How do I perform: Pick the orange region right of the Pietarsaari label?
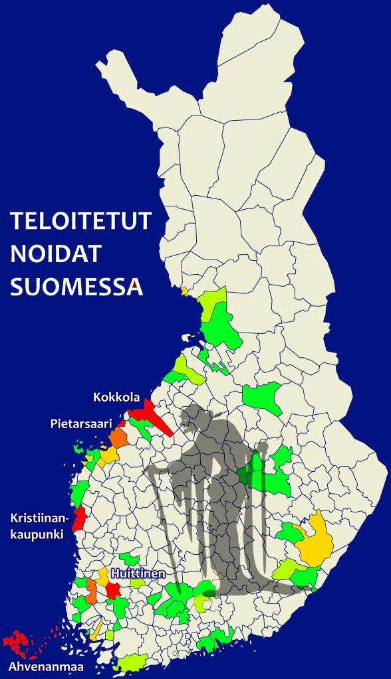coord(118,438)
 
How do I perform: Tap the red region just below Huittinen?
coord(112,590)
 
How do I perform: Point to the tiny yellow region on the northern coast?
coord(184,291)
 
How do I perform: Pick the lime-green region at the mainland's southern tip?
coord(132,662)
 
